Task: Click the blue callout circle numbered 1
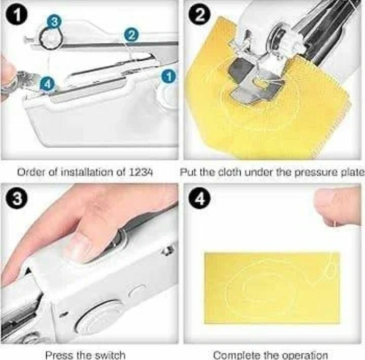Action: click(169, 77)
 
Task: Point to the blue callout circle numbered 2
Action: click(131, 35)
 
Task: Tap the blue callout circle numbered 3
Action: click(54, 22)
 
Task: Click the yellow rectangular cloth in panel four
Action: click(272, 288)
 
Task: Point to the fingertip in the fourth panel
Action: click(337, 208)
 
